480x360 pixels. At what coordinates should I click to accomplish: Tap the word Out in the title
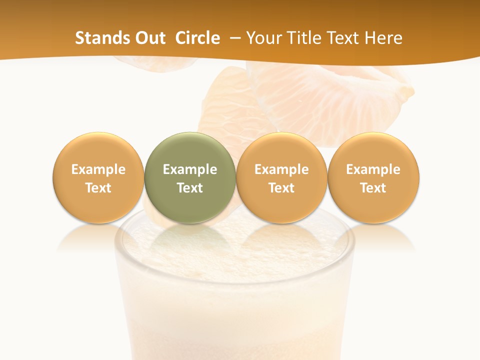pyautogui.click(x=150, y=38)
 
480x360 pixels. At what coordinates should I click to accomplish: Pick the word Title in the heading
pyautogui.click(x=303, y=38)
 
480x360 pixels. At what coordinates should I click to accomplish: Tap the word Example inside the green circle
pyautogui.click(x=190, y=169)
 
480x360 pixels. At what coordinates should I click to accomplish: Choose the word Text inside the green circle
pyautogui.click(x=190, y=188)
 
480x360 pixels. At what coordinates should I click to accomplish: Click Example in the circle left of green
pyautogui.click(x=98, y=169)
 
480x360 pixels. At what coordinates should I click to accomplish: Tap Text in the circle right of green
pyautogui.click(x=281, y=188)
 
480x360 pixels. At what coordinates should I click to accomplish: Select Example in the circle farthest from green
pyautogui.click(x=373, y=169)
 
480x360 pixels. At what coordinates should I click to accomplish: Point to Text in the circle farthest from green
pyautogui.click(x=373, y=188)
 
